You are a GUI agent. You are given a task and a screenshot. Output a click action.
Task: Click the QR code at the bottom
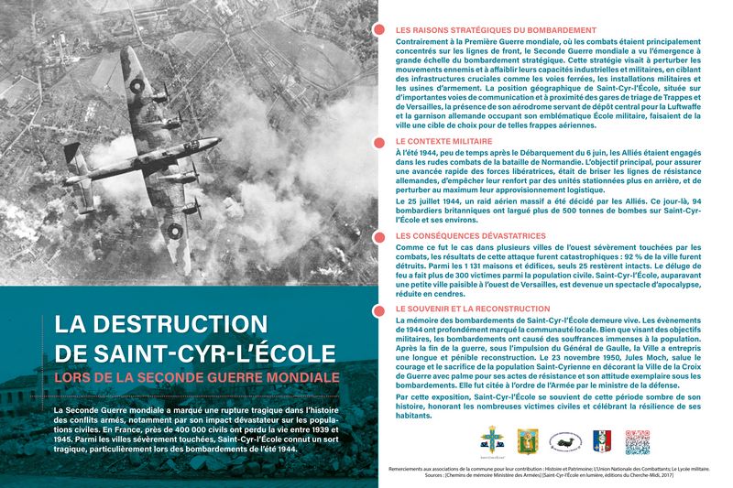tap(637, 441)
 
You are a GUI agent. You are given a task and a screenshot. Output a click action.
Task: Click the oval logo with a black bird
tap(566, 441)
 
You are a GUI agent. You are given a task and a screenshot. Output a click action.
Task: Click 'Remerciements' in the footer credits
tap(410, 468)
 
